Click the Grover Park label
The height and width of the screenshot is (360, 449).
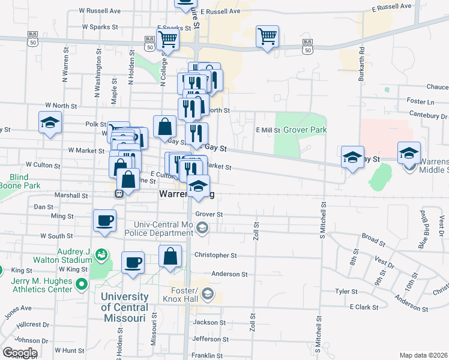[x=305, y=130]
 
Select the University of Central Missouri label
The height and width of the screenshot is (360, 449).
[x=124, y=307]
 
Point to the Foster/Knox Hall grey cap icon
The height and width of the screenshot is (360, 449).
[x=208, y=293]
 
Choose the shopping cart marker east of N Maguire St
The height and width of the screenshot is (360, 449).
[x=267, y=37]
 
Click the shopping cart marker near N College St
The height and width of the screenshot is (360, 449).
[x=169, y=40]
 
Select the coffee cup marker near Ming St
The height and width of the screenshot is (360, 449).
[x=105, y=220]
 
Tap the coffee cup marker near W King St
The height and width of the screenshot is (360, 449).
[x=133, y=261]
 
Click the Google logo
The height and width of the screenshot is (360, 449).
[x=20, y=353]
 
